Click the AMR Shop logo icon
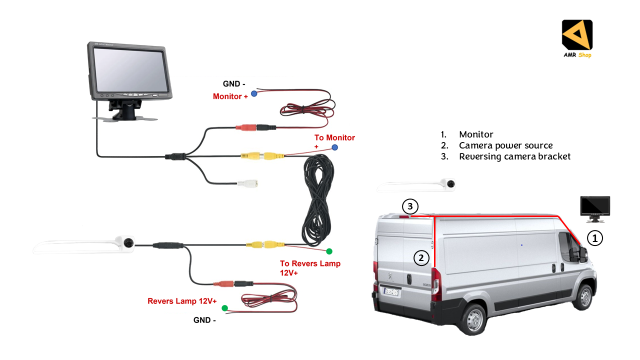coord(577,34)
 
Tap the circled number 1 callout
coord(594,238)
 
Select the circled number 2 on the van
coord(421,258)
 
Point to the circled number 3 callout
coord(409,206)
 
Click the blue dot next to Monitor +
coord(254,93)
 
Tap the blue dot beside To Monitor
coord(334,147)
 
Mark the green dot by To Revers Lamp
coord(329,251)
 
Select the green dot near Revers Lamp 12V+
coord(224,308)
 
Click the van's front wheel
coord(583,296)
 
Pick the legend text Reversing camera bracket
coord(514,156)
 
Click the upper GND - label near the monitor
coord(231,84)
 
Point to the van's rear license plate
coord(391,291)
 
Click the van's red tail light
coord(436,283)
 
